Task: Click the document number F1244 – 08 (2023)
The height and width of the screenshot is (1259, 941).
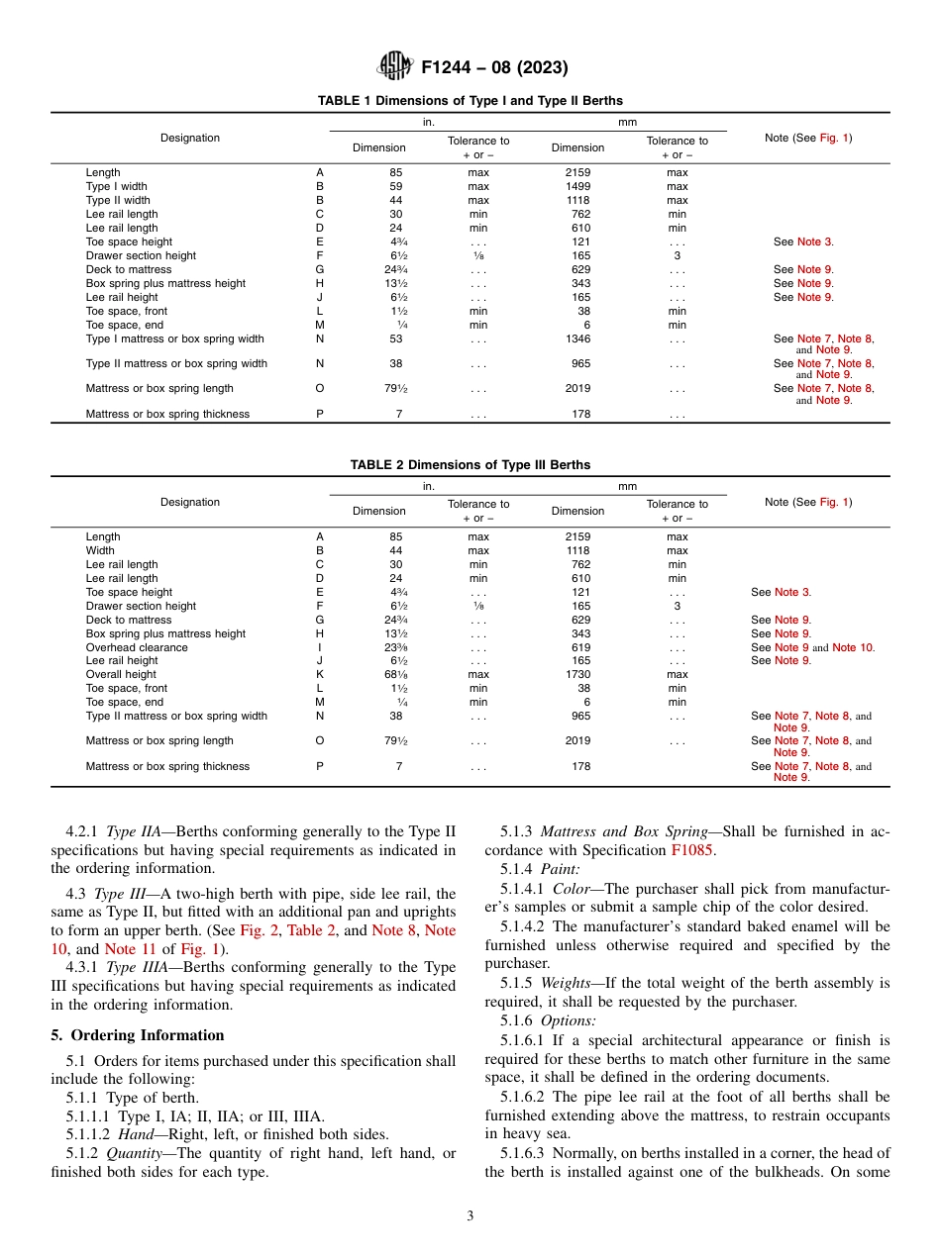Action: tap(494, 67)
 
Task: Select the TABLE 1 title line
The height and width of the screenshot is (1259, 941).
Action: tap(470, 101)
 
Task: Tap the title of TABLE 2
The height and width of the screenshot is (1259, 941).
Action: tap(470, 465)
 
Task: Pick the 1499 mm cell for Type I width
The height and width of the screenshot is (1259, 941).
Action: tap(577, 186)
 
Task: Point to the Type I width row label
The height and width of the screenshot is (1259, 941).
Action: tap(117, 186)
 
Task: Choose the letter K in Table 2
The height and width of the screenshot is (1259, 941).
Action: tap(319, 674)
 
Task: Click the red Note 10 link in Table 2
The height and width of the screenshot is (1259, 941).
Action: tap(853, 647)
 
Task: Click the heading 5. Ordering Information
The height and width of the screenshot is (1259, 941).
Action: tap(138, 1035)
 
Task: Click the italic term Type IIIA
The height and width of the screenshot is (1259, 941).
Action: tap(136, 967)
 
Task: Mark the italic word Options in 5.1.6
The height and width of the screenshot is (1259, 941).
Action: tap(568, 1020)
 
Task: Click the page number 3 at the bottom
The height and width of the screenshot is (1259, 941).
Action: tap(470, 1216)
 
